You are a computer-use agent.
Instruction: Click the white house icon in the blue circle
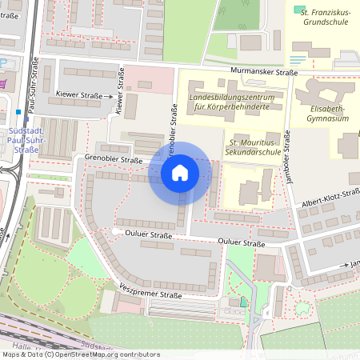pyautogui.click(x=180, y=172)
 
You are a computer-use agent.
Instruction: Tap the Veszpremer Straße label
pyautogui.click(x=146, y=294)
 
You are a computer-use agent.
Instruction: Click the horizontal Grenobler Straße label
pyautogui.click(x=113, y=159)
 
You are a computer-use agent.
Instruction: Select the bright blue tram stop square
pyautogui.click(x=18, y=112)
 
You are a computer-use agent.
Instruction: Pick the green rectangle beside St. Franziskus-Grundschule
pyautogui.click(x=300, y=10)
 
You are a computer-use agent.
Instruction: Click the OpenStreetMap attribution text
pyautogui.click(x=80, y=354)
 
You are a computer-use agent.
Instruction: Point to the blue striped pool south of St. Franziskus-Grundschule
pyautogui.click(x=297, y=58)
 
